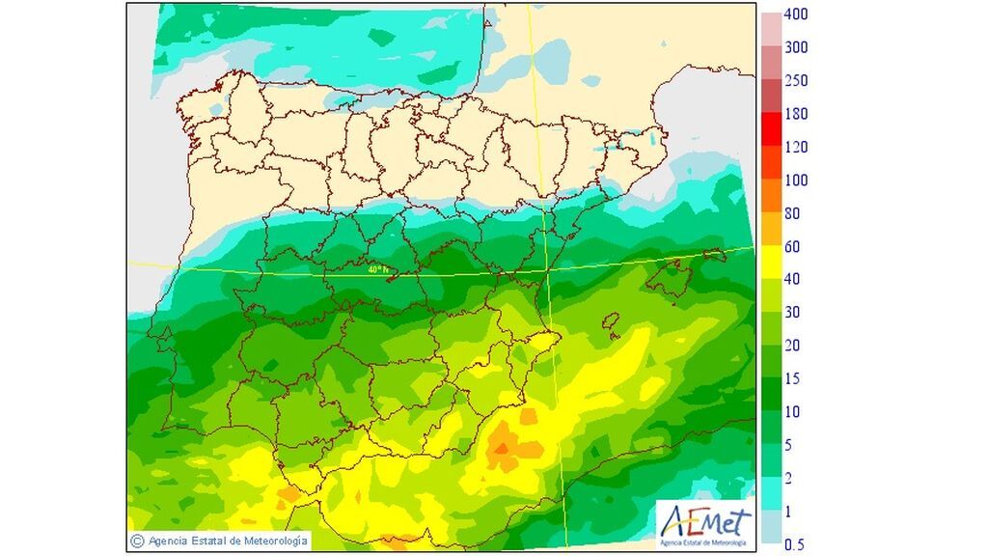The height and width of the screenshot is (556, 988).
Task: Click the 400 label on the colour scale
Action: point(795,14)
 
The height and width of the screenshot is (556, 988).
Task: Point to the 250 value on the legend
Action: point(795,81)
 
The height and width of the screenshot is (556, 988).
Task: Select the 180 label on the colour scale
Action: point(795,114)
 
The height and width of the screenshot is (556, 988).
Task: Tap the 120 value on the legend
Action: point(795,148)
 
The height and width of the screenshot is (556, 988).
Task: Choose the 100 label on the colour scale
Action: point(795,181)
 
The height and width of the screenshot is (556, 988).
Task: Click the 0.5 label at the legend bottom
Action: point(795,544)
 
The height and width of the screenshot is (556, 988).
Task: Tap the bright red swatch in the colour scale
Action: point(771,130)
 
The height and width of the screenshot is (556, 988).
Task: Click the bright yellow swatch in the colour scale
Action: point(771,263)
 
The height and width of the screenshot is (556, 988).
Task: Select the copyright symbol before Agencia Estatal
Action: point(138,541)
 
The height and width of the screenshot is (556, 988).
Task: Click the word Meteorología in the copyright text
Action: point(276,541)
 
